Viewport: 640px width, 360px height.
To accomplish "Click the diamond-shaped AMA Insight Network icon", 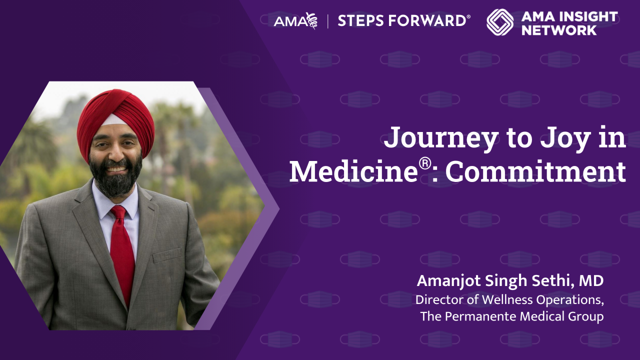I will coord(500,22).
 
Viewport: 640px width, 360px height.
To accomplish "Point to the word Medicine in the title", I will coord(353,171).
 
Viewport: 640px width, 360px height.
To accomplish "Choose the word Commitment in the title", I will coord(535,171).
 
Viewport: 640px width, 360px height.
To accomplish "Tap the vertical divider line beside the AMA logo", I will coord(328,21).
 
